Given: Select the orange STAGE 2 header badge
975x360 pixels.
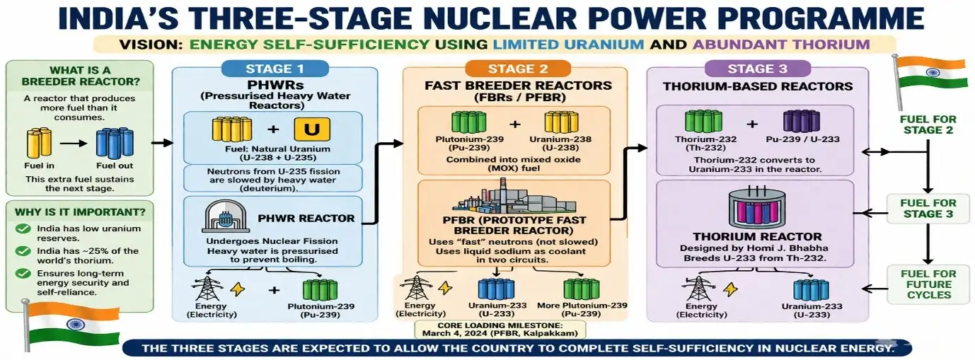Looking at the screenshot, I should point(514,69).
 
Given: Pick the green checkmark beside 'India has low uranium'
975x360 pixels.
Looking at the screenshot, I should point(23,229).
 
